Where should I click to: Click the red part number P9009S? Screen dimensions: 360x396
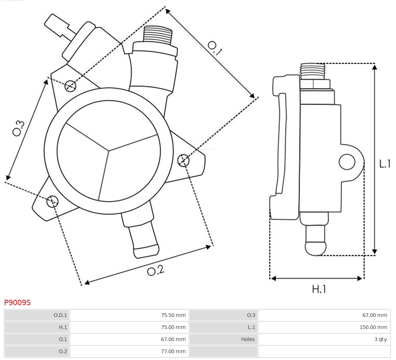17,303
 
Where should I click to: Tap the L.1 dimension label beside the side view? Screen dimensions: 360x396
385,164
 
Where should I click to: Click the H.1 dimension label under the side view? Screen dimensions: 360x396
319,289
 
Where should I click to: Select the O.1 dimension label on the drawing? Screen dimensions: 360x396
215,48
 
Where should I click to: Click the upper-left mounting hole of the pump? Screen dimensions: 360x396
70,86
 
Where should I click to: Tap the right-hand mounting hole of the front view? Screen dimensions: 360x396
183,160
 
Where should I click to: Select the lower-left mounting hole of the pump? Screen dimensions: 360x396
52,201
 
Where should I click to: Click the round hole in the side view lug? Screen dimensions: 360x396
347,162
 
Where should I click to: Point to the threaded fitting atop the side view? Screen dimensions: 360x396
312,71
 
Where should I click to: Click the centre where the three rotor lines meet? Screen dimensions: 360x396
109,150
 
